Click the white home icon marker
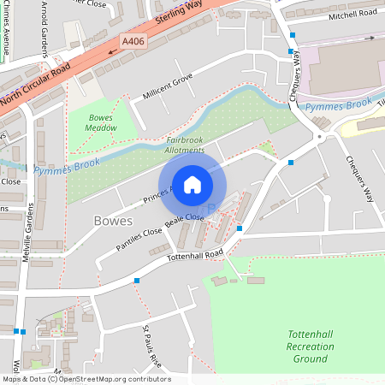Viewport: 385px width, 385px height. click(x=192, y=184)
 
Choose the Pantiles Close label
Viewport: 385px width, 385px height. click(x=139, y=240)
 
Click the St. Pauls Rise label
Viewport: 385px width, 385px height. click(x=151, y=344)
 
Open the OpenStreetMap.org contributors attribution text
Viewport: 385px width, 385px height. click(x=111, y=379)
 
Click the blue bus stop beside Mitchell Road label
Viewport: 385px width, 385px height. click(x=293, y=35)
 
